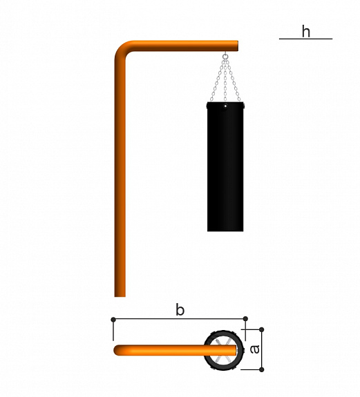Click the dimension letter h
(x=306, y=31)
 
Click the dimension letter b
(x=180, y=310)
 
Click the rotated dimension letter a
(x=254, y=349)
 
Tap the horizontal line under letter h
(x=305, y=39)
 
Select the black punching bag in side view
(x=225, y=166)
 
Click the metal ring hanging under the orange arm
(x=225, y=56)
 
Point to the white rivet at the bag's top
(x=225, y=106)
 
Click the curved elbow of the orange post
(x=122, y=48)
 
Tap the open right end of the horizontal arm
(x=237, y=46)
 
